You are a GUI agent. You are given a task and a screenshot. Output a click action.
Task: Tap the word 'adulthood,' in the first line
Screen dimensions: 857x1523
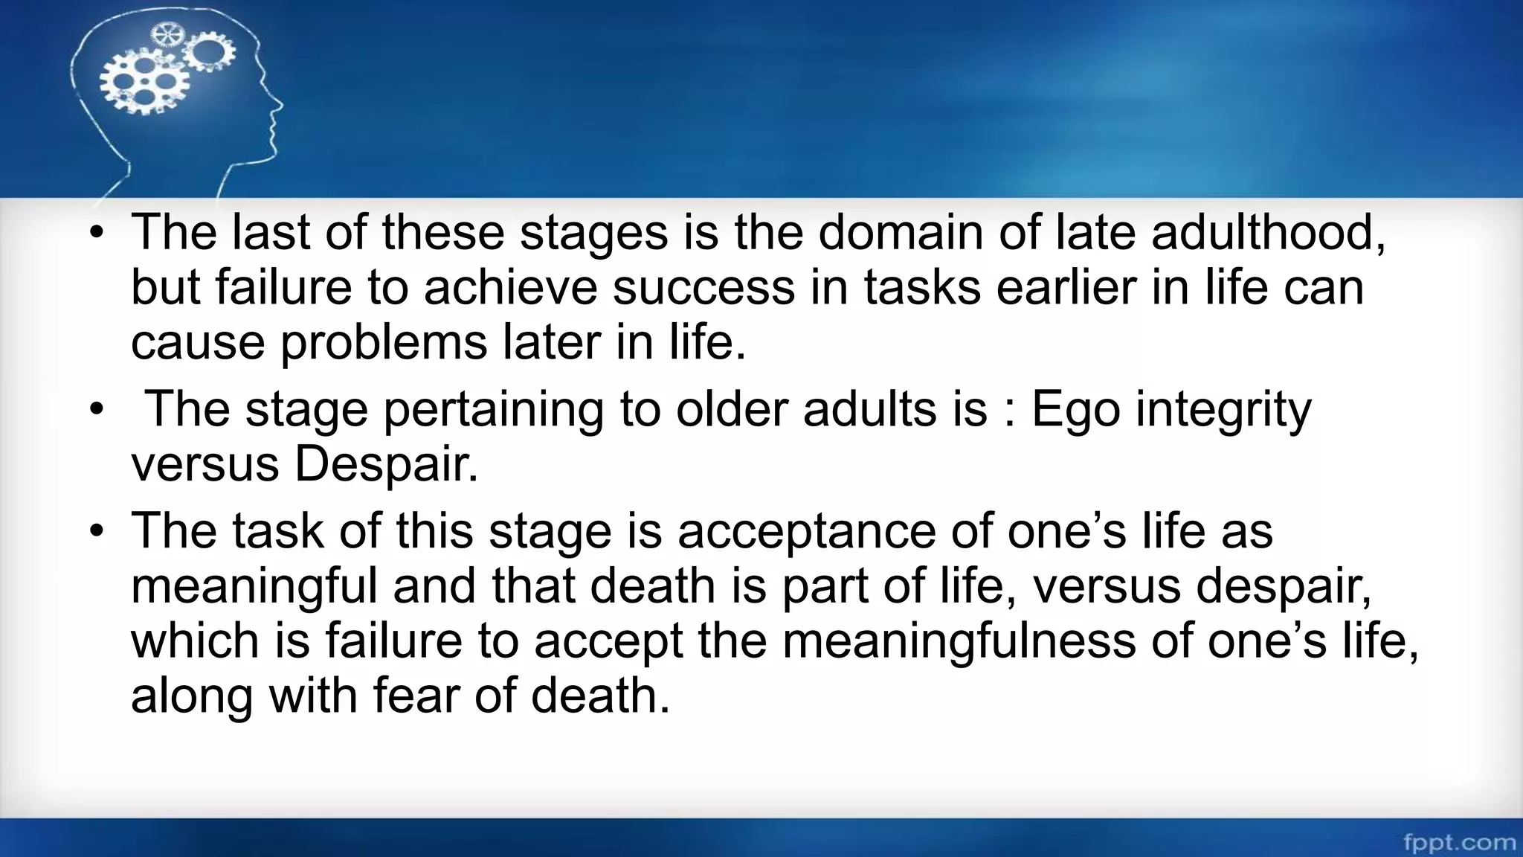click(1269, 234)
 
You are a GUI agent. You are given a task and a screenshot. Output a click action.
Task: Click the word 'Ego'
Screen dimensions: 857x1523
click(1075, 411)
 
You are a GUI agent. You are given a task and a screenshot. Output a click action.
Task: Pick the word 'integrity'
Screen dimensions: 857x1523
click(1223, 411)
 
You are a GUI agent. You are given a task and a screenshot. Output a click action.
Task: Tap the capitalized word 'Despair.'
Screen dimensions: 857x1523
click(386, 465)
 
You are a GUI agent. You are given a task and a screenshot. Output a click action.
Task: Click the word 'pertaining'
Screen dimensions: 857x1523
click(493, 411)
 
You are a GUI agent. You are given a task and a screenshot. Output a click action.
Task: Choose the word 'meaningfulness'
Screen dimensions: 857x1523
click(959, 641)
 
